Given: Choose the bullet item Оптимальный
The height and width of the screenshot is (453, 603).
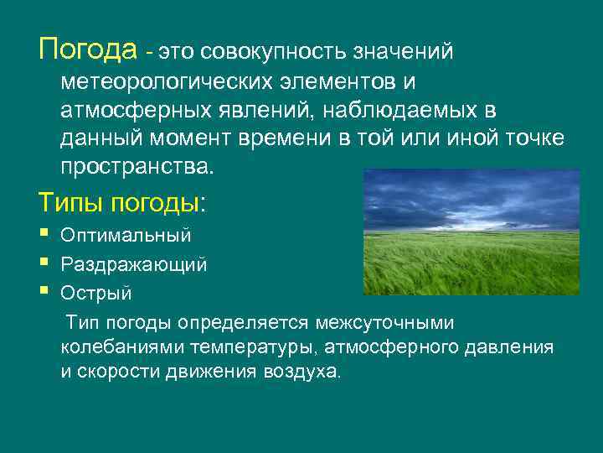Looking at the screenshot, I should [126, 235].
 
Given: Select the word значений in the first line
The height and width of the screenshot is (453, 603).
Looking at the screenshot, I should [405, 52].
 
